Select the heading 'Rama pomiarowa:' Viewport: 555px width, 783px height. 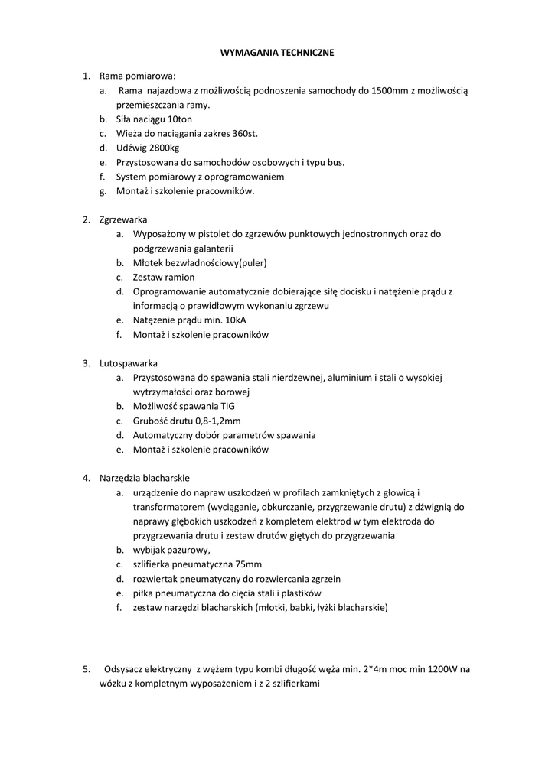pyautogui.click(x=138, y=76)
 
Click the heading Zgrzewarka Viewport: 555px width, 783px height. pyautogui.click(x=123, y=219)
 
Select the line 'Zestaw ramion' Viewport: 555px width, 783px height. pyautogui.click(x=164, y=277)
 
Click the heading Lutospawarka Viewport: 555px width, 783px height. pyautogui.click(x=129, y=363)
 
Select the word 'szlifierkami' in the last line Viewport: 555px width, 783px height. pyautogui.click(x=295, y=684)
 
